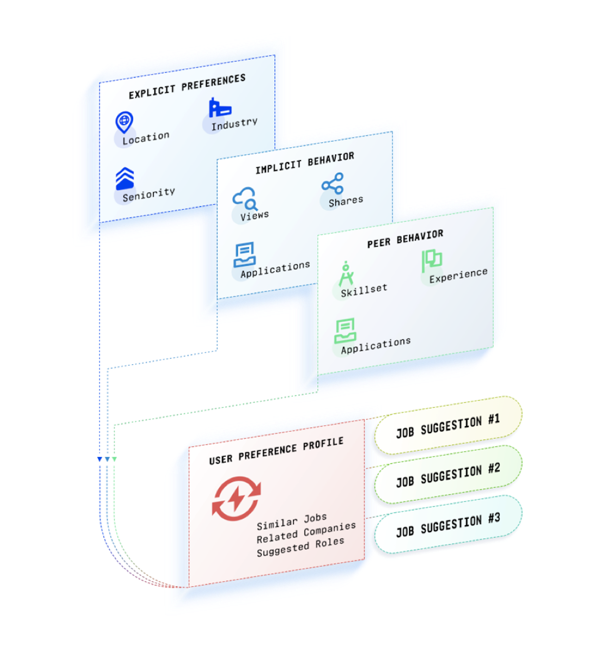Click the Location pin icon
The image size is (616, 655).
click(x=124, y=122)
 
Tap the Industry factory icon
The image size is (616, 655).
click(x=220, y=108)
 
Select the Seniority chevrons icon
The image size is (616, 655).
click(x=125, y=178)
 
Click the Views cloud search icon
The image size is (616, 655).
click(x=244, y=199)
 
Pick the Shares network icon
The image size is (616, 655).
click(x=333, y=183)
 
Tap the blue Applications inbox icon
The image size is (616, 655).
click(x=244, y=255)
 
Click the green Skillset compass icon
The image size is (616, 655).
click(x=346, y=274)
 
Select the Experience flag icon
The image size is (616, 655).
click(x=431, y=260)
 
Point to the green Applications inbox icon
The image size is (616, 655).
click(x=345, y=331)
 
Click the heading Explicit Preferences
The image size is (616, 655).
click(x=187, y=86)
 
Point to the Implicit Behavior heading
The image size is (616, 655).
click(x=305, y=162)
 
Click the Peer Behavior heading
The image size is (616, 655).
click(x=405, y=239)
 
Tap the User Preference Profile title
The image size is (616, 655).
click(x=276, y=451)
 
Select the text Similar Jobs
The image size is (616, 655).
click(x=292, y=522)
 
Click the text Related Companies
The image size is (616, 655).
click(x=306, y=532)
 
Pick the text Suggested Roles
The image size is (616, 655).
click(x=300, y=547)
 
